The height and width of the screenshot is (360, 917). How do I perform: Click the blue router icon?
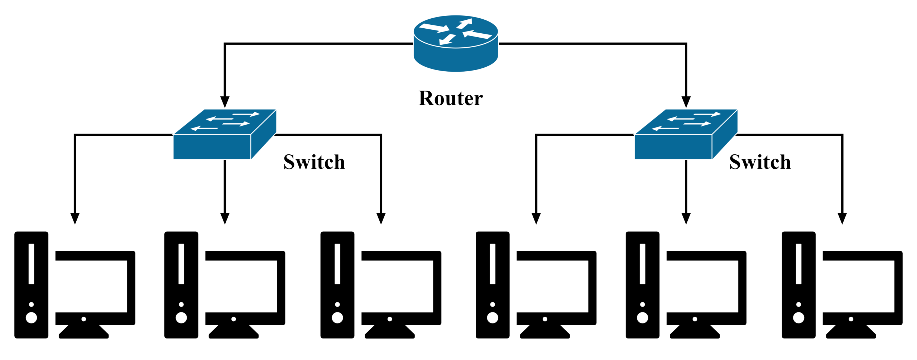pos(455,43)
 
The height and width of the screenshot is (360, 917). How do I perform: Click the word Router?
pos(450,98)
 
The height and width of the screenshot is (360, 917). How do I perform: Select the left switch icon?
pos(224,135)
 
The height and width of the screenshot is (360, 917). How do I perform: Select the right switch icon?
pos(685,135)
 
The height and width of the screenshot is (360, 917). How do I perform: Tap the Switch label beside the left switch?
pos(314,162)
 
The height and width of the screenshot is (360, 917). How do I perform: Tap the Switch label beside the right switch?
pos(760,162)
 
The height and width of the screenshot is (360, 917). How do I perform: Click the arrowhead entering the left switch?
pos(225,102)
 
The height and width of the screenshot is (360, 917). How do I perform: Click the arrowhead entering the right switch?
pos(686,102)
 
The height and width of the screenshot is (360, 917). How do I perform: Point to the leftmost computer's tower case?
pos(32,285)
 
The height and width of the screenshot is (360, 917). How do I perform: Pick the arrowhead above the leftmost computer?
pos(75,219)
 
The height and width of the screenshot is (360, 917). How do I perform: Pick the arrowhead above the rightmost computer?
pos(842,219)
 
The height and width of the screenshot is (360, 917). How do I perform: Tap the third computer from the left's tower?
pos(337,285)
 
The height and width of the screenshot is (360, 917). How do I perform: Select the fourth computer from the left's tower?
pos(493,285)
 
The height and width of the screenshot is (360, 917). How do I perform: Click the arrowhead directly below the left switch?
pos(225,219)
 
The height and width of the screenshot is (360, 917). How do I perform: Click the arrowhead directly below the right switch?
pos(686,219)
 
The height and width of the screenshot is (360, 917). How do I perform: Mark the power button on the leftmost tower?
pos(32,317)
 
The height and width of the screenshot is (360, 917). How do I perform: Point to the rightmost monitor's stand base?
pos(850,333)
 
